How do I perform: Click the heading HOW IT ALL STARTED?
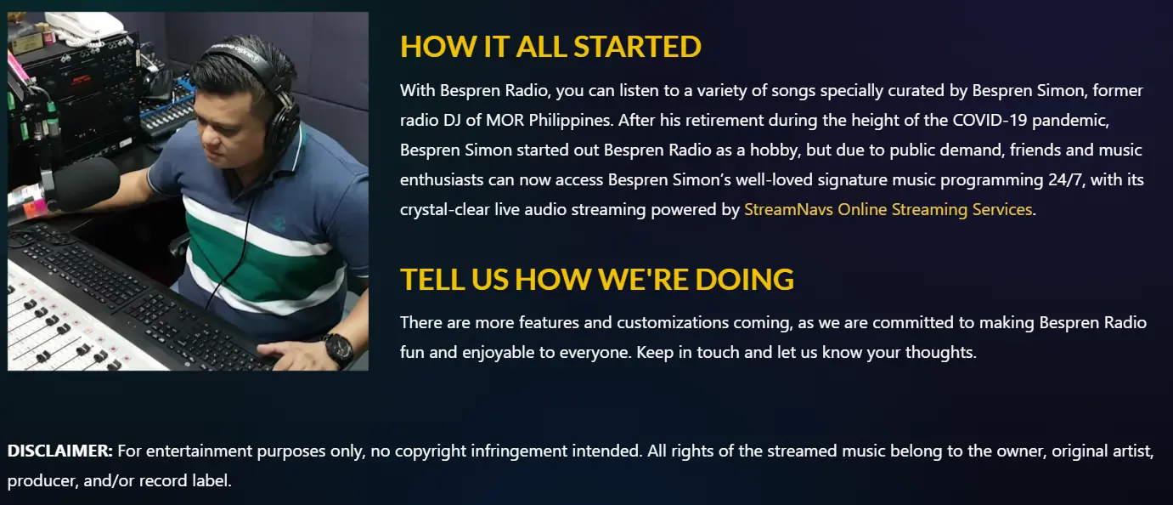click(550, 46)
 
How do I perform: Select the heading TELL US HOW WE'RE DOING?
click(597, 279)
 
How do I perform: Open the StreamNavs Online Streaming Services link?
click(888, 209)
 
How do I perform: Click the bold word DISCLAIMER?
click(60, 451)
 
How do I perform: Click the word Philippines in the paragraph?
click(570, 121)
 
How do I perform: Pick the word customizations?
click(673, 322)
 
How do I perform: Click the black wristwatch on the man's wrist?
click(339, 349)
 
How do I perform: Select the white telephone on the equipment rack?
click(84, 26)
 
